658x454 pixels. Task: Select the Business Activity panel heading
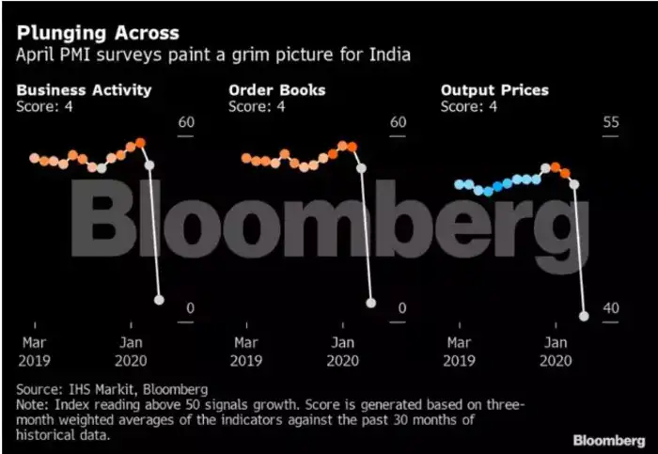(x=84, y=90)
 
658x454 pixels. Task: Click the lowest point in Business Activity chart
(x=159, y=300)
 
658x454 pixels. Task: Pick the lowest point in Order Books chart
(x=371, y=303)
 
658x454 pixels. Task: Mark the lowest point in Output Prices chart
(x=584, y=317)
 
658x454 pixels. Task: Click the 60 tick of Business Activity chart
(x=185, y=122)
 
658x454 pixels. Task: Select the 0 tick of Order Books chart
(x=401, y=309)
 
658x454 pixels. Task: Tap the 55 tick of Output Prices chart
(x=611, y=122)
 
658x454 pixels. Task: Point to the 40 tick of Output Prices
(x=611, y=309)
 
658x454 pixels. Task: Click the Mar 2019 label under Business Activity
(x=34, y=351)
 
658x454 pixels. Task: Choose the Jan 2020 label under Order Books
(x=343, y=351)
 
